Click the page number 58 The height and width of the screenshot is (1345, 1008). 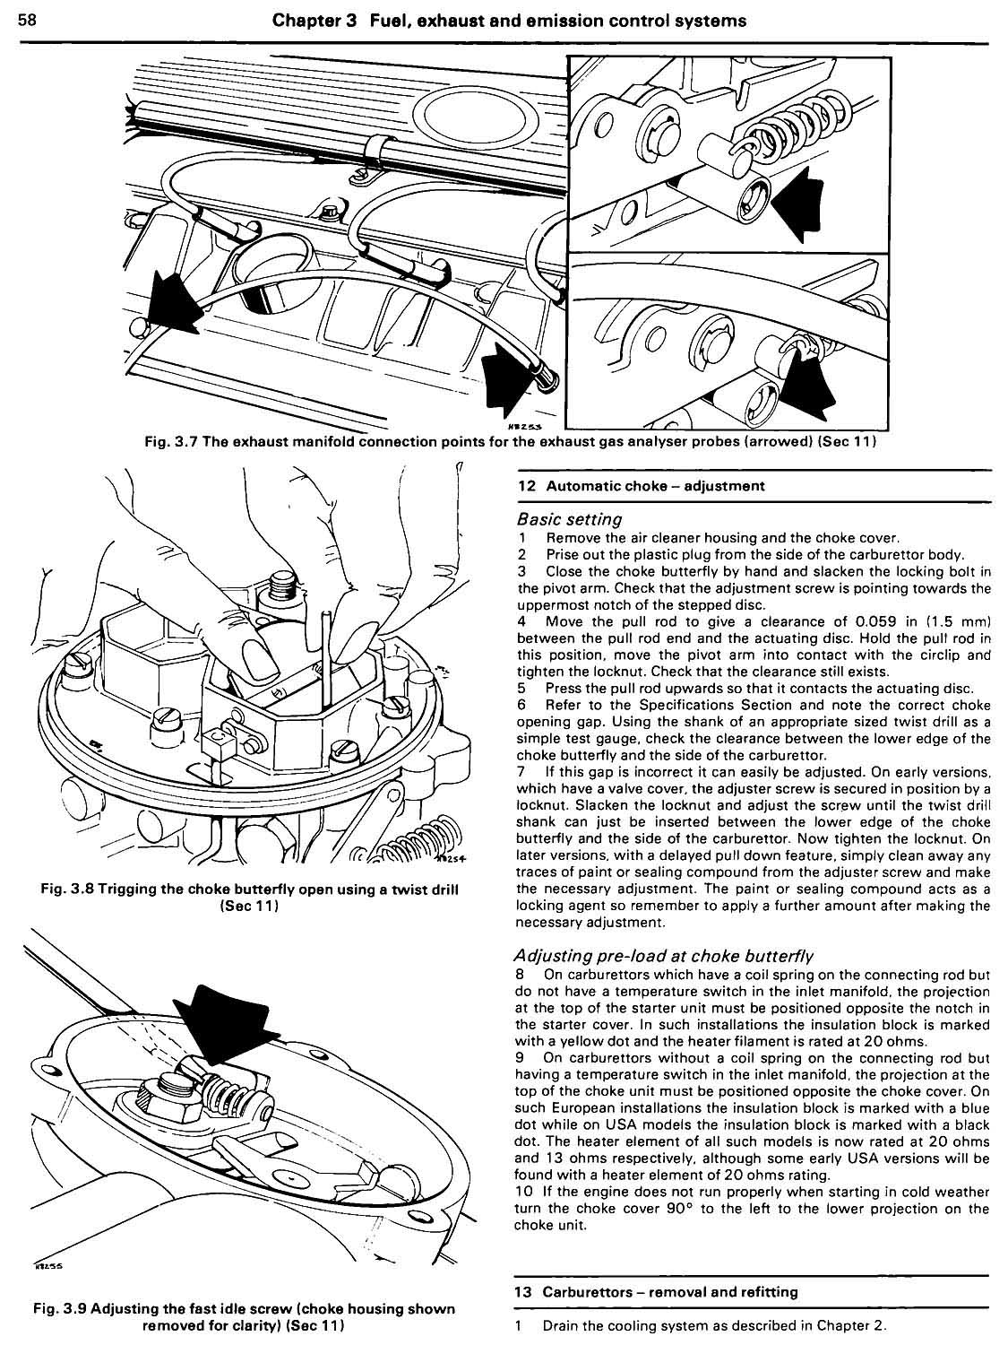point(26,20)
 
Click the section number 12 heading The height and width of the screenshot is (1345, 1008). point(526,486)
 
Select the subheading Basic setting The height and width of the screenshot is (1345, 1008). point(570,519)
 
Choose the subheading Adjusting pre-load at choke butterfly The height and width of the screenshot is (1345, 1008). point(665,955)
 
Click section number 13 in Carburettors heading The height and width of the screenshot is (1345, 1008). point(525,1292)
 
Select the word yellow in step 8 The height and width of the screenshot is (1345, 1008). point(573,1044)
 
